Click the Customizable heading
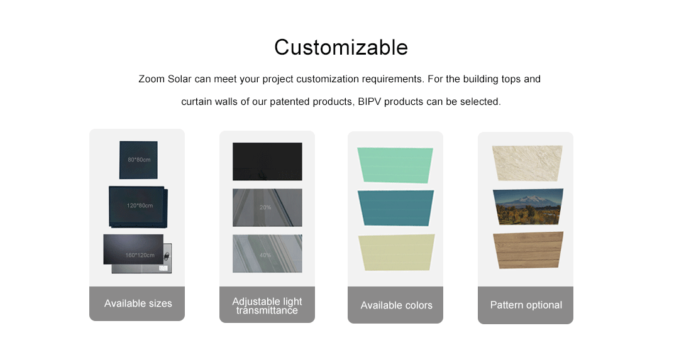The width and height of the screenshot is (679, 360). pos(341,47)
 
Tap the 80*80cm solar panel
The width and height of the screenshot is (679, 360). pos(138,160)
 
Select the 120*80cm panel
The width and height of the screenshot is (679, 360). pos(138,207)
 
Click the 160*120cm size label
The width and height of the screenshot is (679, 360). pos(140,255)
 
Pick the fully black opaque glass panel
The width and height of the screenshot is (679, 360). pos(267,161)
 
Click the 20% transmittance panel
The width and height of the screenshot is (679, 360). pos(267,208)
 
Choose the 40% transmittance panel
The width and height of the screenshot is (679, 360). pos(267,254)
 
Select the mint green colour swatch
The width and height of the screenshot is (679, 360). pos(395,165)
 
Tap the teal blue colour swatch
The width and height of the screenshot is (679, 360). pos(396,208)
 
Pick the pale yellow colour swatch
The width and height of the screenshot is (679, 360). pos(396,253)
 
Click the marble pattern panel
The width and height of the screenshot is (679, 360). pos(527,163)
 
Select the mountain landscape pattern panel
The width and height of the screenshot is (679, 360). pos(528,207)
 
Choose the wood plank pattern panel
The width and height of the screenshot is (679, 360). pos(528,250)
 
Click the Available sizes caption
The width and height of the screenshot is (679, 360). pos(138,303)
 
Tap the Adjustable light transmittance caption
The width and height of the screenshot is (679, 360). pos(267,305)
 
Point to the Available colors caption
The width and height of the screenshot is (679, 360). pos(396,305)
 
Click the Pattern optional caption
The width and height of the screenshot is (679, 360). pos(526,305)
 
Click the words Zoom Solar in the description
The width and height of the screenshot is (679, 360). pos(165,79)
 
